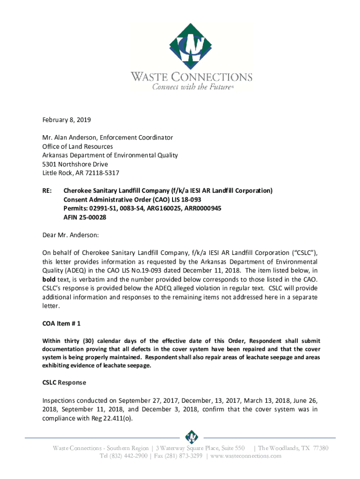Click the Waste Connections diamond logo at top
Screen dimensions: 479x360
pos(191,46)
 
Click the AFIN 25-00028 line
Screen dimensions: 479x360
pos(85,218)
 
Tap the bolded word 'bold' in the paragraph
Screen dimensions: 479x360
pos(50,279)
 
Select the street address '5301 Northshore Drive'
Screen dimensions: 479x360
pos(75,164)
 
